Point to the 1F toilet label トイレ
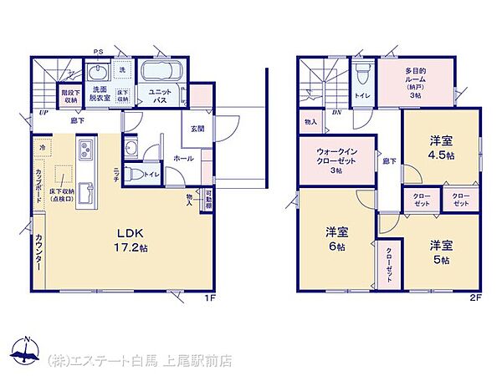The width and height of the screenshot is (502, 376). point(152,175)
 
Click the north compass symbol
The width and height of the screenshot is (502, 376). point(28,353)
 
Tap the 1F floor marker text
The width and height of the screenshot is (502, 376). point(212,297)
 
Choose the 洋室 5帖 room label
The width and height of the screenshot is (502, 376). point(442,252)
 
